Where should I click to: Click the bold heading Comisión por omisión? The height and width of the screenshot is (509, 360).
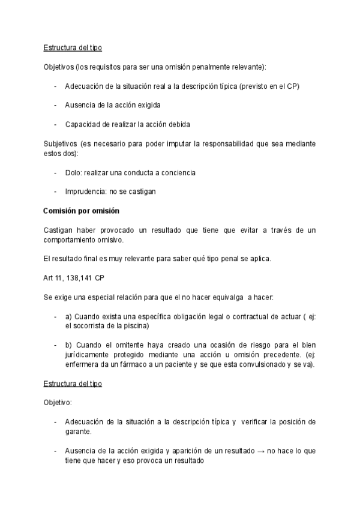click(x=82, y=211)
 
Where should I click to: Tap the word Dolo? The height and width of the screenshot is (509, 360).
click(x=73, y=172)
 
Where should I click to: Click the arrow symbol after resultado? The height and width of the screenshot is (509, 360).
click(x=260, y=450)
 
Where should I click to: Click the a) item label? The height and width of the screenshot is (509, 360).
click(x=68, y=317)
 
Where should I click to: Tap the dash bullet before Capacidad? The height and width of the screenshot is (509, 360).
click(x=56, y=124)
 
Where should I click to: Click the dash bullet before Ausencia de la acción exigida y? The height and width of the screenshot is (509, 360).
click(x=56, y=450)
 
